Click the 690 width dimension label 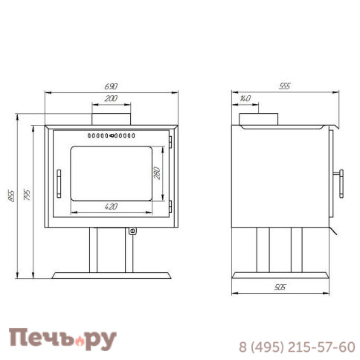[111, 86]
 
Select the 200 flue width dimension [111, 99]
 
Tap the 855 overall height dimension [11, 196]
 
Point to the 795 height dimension [27, 195]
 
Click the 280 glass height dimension [157, 173]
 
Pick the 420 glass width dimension [111, 207]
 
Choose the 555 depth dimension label [284, 86]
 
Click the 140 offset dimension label [245, 98]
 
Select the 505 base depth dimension [280, 287]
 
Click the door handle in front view [59, 184]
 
